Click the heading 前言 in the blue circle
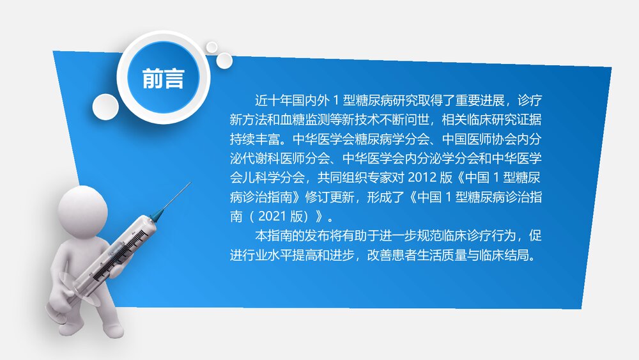pos(164,78)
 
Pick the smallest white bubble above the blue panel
pos(212,46)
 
